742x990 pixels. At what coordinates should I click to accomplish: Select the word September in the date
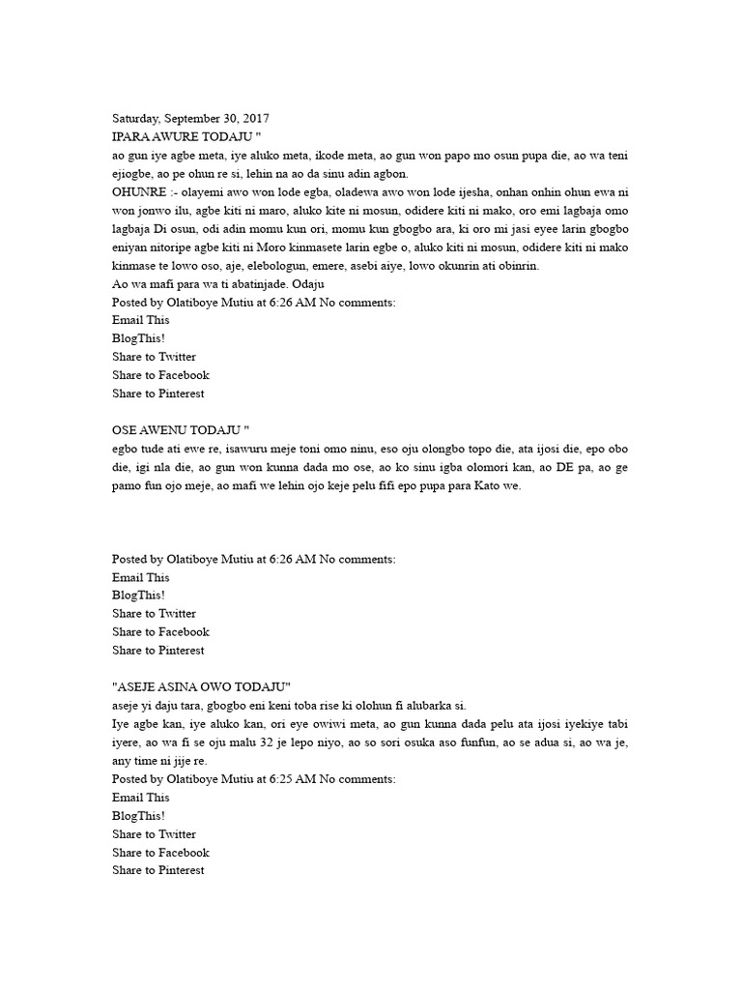click(190, 119)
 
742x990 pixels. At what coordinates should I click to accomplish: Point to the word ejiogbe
click(138, 174)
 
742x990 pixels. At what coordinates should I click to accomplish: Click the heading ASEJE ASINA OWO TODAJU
click(202, 686)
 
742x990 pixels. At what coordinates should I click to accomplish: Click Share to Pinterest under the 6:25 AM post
click(158, 870)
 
